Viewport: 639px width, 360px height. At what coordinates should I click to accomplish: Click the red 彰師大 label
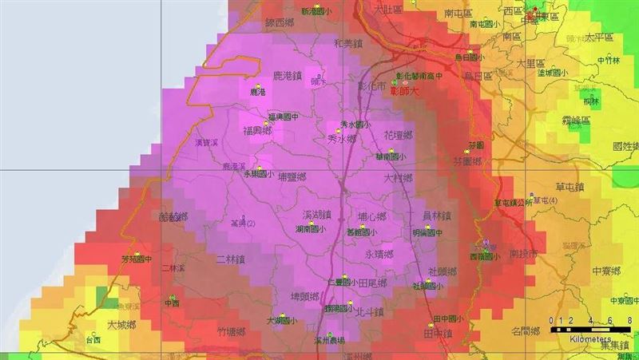click(404, 91)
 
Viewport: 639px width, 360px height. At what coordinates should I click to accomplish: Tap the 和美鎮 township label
click(349, 45)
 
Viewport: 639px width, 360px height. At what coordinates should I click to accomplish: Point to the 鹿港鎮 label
click(287, 76)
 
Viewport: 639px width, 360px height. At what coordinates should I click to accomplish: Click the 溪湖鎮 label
click(316, 216)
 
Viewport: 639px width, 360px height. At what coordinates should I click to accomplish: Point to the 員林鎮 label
click(436, 216)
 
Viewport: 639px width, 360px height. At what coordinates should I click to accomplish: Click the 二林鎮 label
click(232, 259)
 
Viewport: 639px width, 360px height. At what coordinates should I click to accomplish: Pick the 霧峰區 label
click(574, 120)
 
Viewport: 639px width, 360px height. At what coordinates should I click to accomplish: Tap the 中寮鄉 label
click(605, 271)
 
